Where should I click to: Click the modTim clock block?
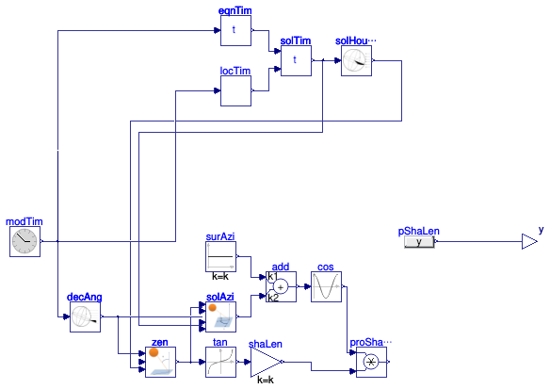coord(24,241)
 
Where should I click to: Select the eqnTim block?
coord(235,30)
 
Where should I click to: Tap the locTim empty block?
coord(235,90)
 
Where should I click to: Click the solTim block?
coord(296,60)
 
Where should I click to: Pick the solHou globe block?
coord(356,60)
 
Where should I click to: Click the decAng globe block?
coord(86,316)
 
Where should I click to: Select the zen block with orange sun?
coord(161,362)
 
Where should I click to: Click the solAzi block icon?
coord(220,316)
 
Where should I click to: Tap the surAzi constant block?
coord(220,256)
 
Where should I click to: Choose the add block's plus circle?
coord(281,287)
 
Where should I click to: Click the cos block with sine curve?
coord(326,286)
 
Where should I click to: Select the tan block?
coord(220,362)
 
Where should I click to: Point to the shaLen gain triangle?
coord(266,362)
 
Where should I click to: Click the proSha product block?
coord(371,362)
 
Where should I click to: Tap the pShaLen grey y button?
coord(419,242)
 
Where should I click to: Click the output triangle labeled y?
coord(529,241)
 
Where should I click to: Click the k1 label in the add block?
coord(272,276)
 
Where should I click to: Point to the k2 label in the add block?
coord(273,298)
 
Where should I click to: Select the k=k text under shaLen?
coord(266,380)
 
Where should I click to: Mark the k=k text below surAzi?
coord(220,276)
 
